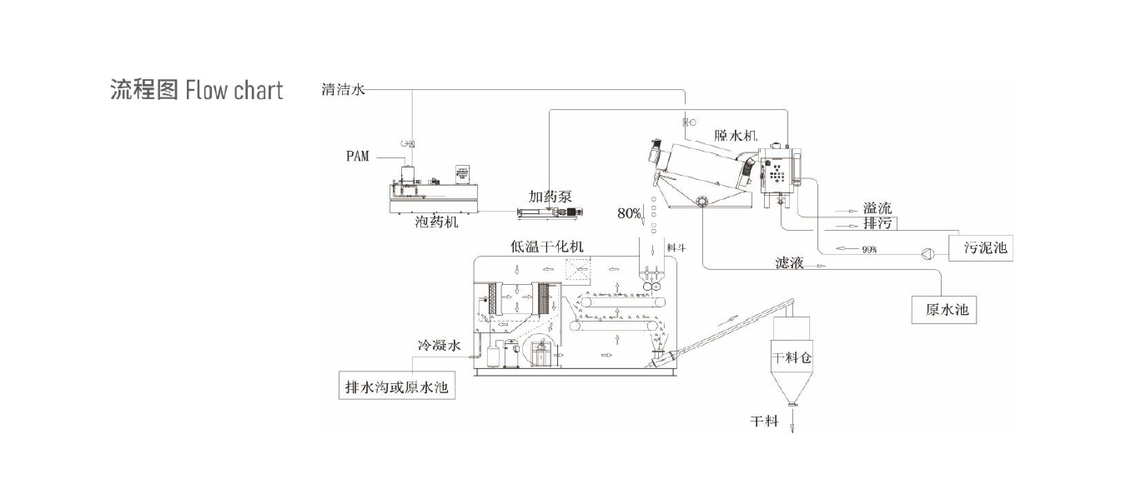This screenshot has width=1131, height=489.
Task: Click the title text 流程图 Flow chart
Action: click(197, 89)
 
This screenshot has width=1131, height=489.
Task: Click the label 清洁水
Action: click(343, 89)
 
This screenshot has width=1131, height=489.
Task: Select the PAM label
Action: click(359, 156)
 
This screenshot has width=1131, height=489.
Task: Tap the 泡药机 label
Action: click(436, 222)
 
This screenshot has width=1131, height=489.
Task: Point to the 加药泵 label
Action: click(550, 197)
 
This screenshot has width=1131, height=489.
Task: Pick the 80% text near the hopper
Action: click(629, 213)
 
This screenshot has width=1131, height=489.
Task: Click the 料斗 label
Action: click(676, 248)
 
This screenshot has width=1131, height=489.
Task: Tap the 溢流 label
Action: click(877, 208)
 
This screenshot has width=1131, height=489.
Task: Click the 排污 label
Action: click(877, 224)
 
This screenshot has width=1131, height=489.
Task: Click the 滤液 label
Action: click(789, 264)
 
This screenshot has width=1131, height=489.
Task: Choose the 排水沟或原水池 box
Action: click(397, 387)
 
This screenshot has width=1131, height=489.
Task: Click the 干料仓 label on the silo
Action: click(792, 358)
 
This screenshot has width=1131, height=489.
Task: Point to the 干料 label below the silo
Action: click(764, 421)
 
